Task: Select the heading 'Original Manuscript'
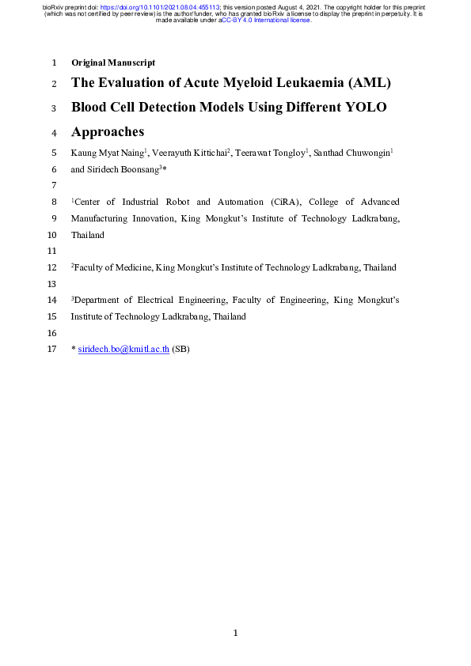tap(113, 62)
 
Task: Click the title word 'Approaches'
tap(108, 132)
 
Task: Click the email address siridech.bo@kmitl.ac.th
tap(123, 350)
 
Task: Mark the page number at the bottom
tap(235, 633)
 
